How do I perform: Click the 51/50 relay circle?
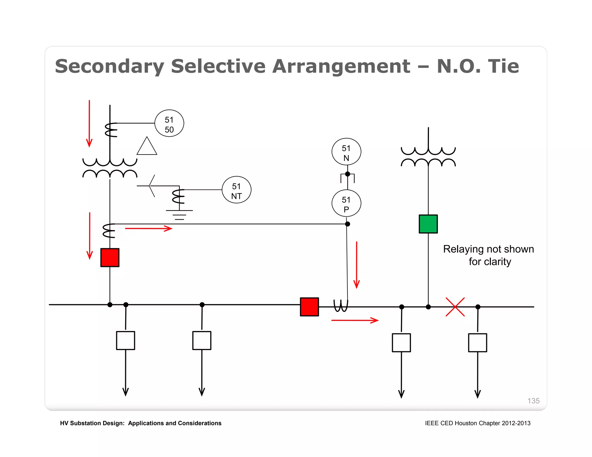tap(169, 123)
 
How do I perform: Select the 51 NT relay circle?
tap(236, 190)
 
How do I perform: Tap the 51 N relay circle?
tap(346, 152)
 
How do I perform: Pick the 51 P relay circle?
tap(346, 203)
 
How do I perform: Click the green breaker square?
tap(428, 224)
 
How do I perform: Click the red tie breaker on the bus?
tap(309, 307)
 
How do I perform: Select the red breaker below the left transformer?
tap(110, 257)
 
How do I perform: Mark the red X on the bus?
tap(455, 307)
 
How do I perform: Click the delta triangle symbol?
tap(147, 147)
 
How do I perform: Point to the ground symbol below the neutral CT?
tap(179, 215)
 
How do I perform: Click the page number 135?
tap(533, 401)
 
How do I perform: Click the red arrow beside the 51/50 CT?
tap(89, 124)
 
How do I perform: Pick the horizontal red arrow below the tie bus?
tap(355, 320)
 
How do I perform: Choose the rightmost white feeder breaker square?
tap(478, 343)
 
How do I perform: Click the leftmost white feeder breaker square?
tap(125, 340)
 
